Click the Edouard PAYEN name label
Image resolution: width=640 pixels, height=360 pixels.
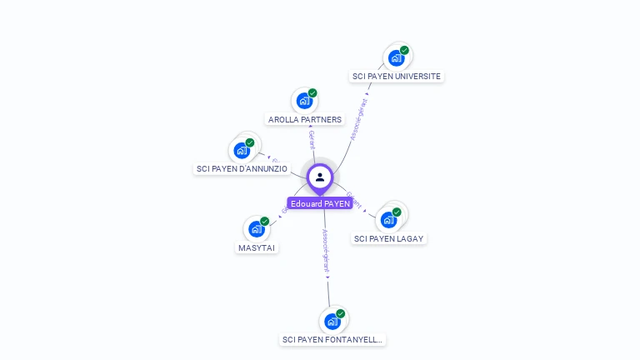point(320,203)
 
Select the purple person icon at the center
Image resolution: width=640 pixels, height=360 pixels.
point(320,177)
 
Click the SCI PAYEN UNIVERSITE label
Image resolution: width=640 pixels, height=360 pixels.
point(397,76)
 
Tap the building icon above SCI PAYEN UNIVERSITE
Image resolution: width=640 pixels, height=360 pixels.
point(396,58)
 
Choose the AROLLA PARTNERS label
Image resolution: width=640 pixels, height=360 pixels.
point(305,119)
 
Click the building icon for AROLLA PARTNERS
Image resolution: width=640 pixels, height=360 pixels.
point(304,101)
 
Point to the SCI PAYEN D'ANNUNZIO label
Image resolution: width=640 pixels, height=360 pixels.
point(242,168)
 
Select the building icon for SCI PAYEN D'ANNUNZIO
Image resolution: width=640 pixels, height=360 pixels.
point(242,151)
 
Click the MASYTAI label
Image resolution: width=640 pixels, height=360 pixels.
point(257,247)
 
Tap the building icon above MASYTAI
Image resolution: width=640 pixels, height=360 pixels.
point(257,229)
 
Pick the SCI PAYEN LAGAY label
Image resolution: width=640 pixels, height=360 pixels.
point(388,238)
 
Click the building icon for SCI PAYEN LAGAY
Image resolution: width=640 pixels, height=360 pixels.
point(388,220)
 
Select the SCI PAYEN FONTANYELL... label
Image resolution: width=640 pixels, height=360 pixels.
point(333,339)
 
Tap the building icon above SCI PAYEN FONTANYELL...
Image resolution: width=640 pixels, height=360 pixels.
point(332,322)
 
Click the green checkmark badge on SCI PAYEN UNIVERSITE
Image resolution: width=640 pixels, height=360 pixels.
point(404,51)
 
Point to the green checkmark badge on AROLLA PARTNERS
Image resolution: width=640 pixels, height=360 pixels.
point(312,93)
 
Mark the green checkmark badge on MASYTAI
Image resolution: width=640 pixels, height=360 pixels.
point(265,222)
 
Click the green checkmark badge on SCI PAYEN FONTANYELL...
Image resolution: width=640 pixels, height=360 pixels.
point(341,314)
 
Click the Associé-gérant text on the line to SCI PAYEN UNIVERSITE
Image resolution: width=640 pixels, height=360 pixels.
point(360,119)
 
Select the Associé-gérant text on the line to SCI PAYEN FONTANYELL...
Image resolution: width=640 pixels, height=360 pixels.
point(326,250)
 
